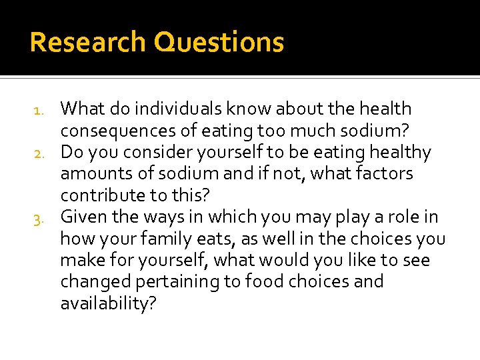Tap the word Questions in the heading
[219, 43]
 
